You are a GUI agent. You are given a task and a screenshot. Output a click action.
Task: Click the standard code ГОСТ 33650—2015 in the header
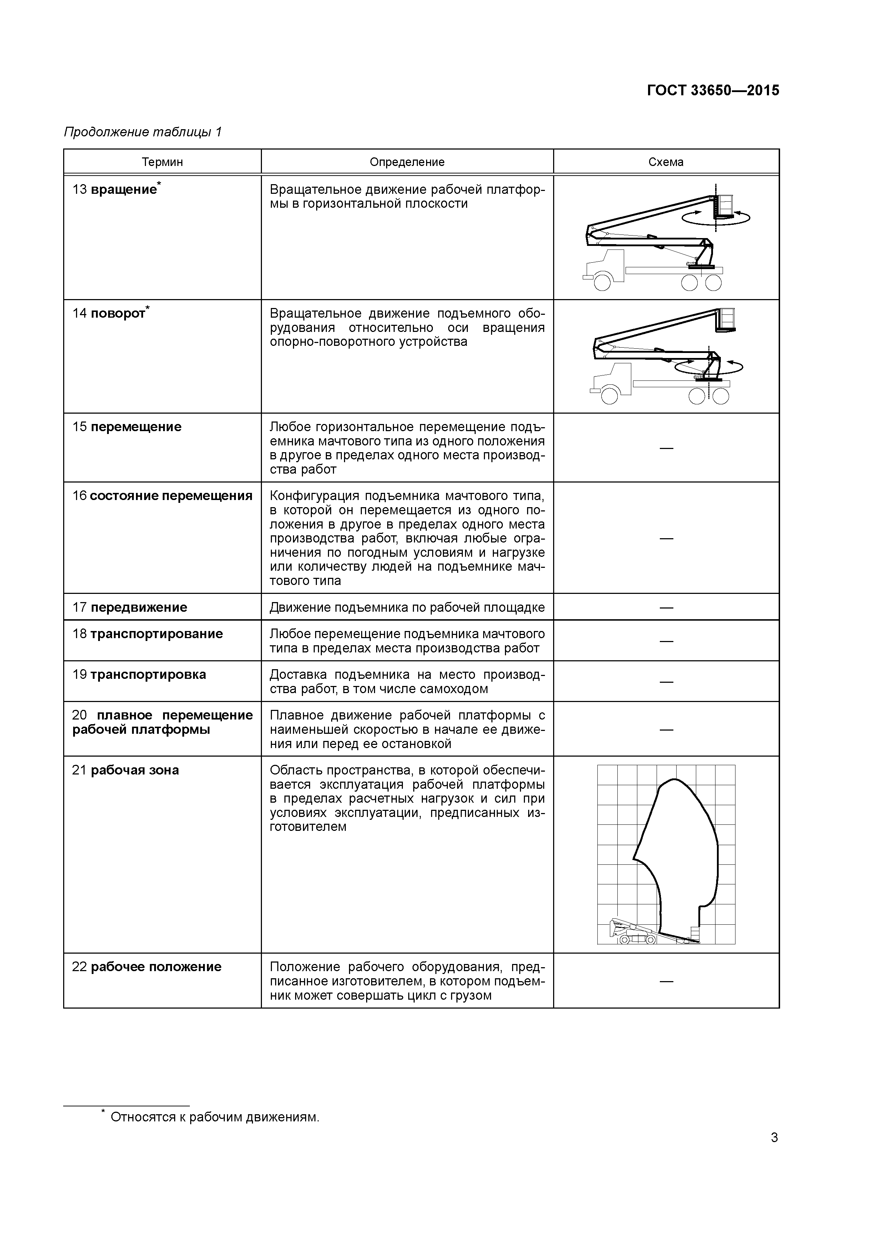713,91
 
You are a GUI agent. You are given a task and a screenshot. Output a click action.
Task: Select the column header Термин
162,162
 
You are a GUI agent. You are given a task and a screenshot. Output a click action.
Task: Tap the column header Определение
407,162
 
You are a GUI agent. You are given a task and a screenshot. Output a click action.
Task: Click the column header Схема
666,162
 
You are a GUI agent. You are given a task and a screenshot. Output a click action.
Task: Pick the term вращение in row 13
124,190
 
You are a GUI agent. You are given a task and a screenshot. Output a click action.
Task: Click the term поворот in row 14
118,314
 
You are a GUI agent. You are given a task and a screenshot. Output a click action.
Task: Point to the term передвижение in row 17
138,607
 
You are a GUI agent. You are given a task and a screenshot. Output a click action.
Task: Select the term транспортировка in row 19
148,675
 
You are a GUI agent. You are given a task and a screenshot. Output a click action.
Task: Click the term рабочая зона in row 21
135,770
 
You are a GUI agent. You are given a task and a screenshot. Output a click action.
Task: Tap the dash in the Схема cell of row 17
666,607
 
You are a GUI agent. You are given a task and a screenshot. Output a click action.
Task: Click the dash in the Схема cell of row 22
666,981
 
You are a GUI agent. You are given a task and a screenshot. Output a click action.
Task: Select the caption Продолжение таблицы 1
143,132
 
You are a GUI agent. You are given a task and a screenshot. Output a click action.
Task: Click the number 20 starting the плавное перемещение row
79,716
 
